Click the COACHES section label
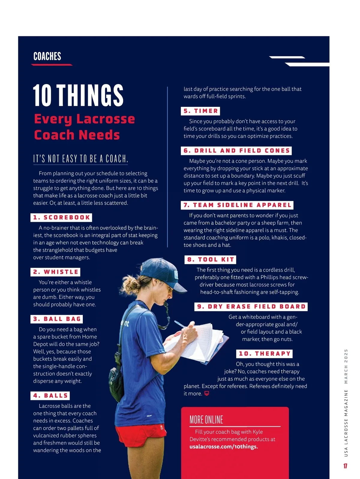47,56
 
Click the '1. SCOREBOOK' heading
61,218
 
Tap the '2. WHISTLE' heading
55,272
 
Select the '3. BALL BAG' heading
57,319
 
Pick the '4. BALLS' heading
50,396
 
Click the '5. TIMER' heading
200,111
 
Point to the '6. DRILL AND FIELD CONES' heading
236,151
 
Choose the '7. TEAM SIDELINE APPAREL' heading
237,205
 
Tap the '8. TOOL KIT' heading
210,260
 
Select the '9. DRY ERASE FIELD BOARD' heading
251,307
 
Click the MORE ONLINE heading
206,420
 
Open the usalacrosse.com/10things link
223,447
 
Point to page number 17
345,466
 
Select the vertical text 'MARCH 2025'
346,366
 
